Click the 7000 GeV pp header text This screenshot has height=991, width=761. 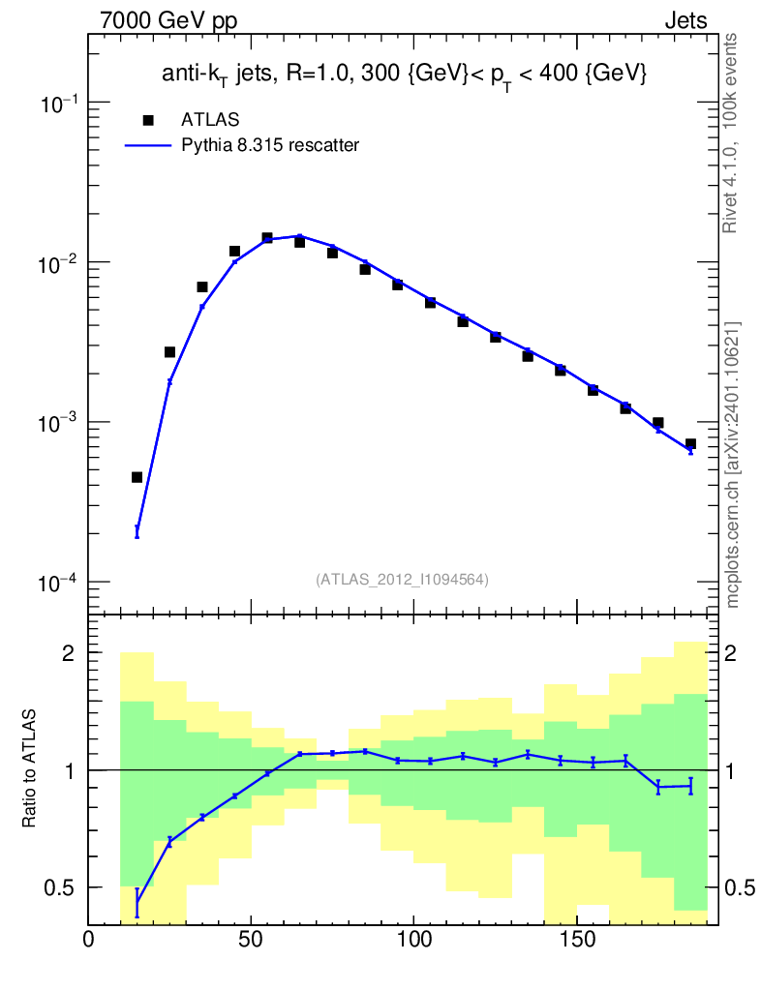tap(168, 21)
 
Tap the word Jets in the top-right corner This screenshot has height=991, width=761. tap(685, 21)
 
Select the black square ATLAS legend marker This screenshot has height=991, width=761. tap(148, 120)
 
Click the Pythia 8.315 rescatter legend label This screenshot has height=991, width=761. tap(270, 145)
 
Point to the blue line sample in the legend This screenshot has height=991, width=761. tap(148, 146)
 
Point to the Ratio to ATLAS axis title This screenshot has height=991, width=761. tap(29, 768)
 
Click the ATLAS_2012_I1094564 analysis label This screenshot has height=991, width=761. tap(402, 580)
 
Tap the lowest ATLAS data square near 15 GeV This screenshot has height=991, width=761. tap(137, 477)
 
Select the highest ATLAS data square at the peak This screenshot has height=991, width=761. tap(267, 238)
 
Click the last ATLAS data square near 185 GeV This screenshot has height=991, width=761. tap(691, 443)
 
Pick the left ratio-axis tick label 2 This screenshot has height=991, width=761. tap(69, 652)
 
